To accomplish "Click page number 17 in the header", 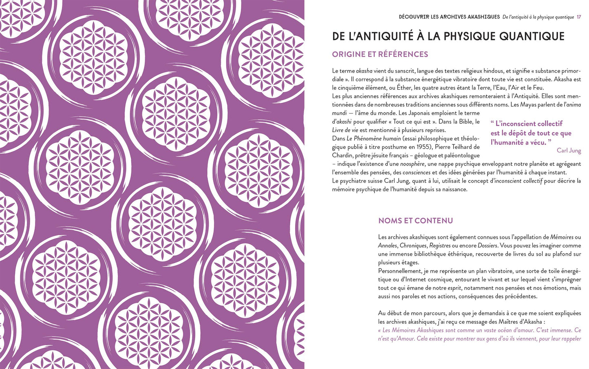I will point(579,17).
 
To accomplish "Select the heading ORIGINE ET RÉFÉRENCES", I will point(380,54).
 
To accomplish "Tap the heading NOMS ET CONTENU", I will point(415,221).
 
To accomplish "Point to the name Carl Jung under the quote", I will point(569,150).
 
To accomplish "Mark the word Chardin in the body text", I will point(342,155).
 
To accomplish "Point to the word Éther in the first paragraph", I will point(404,88).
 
